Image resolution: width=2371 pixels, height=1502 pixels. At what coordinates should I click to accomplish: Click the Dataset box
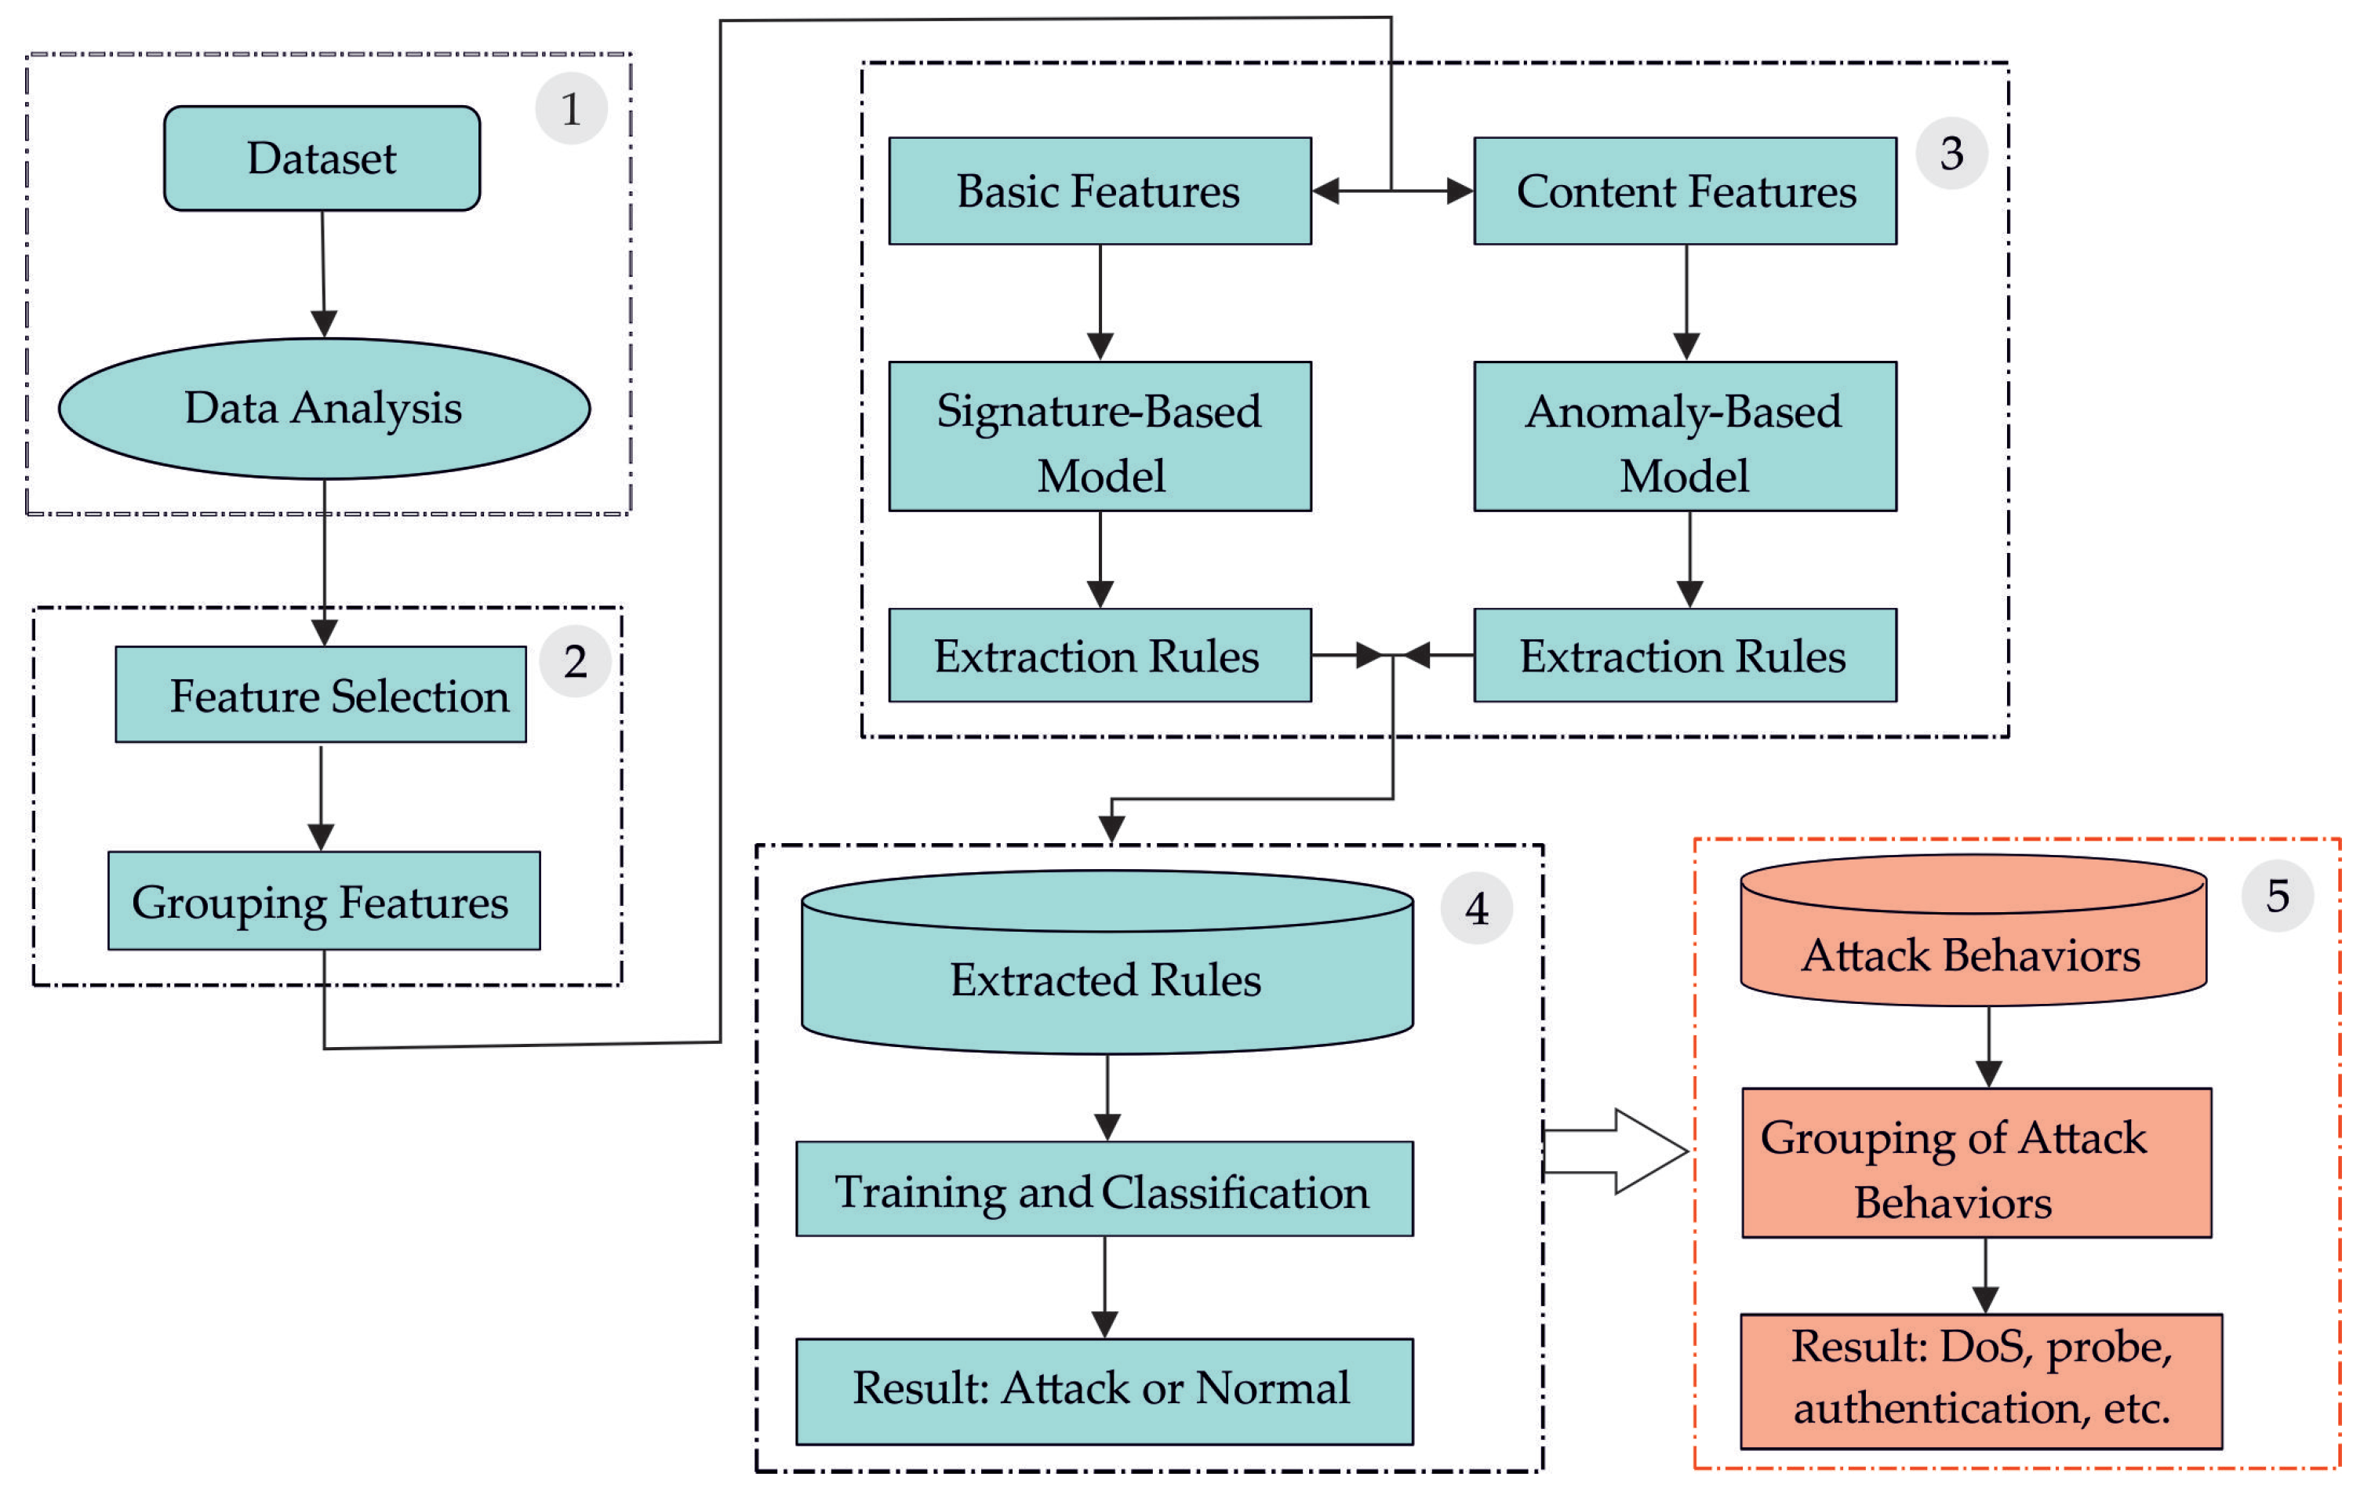322,158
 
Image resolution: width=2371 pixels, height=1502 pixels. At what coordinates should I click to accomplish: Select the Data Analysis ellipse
324,409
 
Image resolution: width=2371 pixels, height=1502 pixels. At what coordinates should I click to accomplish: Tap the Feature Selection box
321,694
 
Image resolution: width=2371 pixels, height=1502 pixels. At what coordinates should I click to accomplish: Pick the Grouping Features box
324,900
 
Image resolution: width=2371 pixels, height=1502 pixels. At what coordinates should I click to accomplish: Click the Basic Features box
1100,191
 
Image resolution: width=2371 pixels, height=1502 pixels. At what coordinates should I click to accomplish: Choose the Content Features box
1685,191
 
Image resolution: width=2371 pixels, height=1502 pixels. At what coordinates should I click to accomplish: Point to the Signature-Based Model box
1100,436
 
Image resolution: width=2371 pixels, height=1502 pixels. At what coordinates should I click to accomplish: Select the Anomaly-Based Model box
1685,436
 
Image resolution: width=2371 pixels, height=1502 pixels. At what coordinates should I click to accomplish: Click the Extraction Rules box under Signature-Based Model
1100,655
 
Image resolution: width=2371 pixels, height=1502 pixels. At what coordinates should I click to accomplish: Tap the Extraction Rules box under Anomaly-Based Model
1685,655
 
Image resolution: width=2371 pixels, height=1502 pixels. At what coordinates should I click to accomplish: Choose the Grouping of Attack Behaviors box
1976,1162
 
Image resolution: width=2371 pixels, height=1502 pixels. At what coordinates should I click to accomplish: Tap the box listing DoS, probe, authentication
1981,1381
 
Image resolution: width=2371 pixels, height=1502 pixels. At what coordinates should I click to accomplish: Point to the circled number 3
1951,154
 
